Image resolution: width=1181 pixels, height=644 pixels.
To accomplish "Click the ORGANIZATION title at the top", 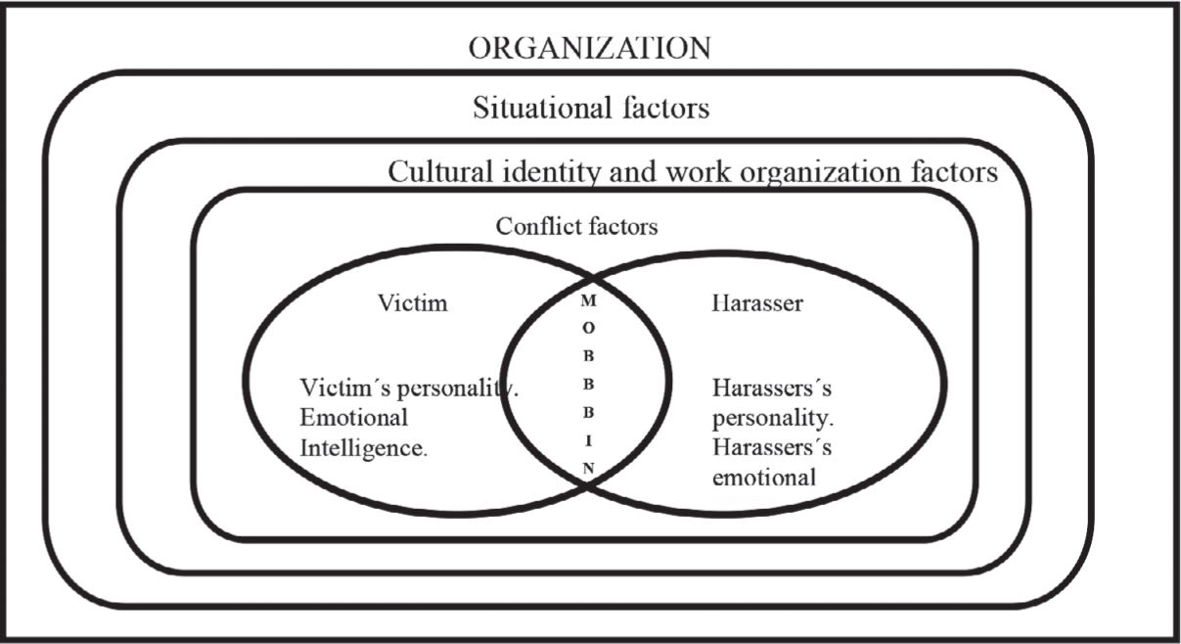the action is coord(589,48).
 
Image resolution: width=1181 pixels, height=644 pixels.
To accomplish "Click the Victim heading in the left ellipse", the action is coord(412,302).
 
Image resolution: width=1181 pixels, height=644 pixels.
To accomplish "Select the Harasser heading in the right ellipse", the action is coord(755,302).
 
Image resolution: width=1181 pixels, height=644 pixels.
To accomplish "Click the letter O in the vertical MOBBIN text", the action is coord(588,328).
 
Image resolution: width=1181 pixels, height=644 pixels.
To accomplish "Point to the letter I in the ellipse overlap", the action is coord(588,440).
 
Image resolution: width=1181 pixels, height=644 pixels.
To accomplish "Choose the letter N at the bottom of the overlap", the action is coord(588,467).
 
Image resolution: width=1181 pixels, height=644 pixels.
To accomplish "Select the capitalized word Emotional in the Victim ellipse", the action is coord(353,419).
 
